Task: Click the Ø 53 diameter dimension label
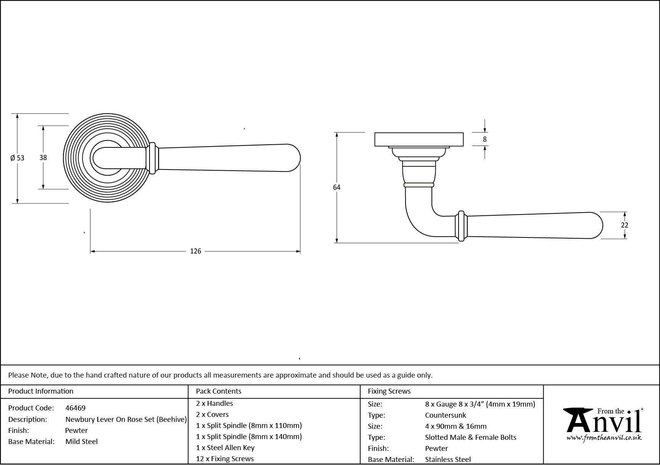tap(17, 158)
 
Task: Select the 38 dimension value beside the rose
tap(43, 157)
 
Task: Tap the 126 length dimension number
tap(195, 251)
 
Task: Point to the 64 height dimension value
tap(336, 187)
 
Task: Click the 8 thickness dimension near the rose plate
tap(485, 139)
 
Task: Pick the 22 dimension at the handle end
tap(624, 225)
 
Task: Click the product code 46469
tap(76, 408)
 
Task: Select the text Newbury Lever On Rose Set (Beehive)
tap(126, 419)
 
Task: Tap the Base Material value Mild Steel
tap(81, 441)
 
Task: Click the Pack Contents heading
tap(219, 391)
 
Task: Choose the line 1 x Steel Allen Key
tap(225, 447)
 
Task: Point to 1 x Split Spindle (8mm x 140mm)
tap(249, 436)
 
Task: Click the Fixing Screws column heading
tap(389, 391)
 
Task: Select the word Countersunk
tap(445, 415)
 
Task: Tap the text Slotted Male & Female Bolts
tap(470, 437)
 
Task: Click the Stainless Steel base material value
tap(448, 459)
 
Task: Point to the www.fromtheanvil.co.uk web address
tap(604, 438)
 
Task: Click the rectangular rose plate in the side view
tap(419, 139)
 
